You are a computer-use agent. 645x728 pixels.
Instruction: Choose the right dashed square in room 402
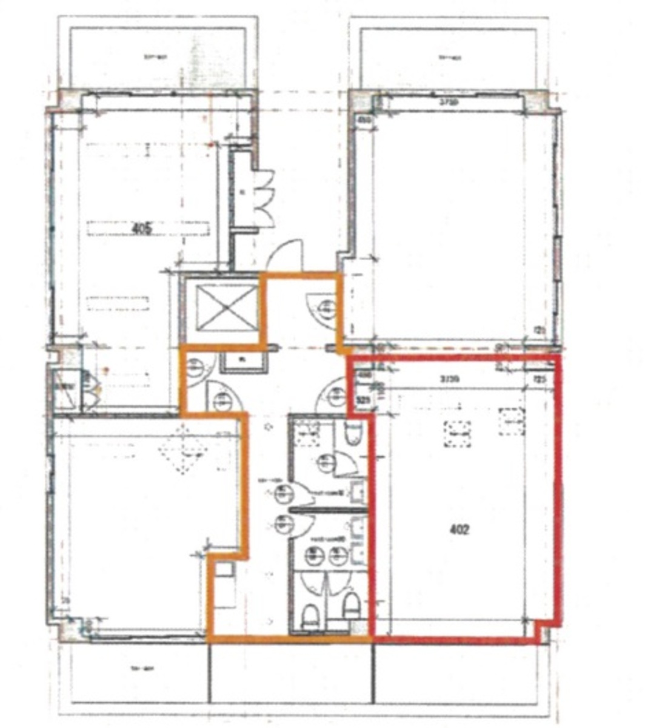click(512, 422)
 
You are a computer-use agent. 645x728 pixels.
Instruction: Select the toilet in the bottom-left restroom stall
click(310, 616)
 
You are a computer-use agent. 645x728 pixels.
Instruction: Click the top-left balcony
click(156, 58)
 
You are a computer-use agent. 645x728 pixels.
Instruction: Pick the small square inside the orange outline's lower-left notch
click(224, 570)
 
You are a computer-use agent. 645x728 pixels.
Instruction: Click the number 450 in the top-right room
click(364, 120)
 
